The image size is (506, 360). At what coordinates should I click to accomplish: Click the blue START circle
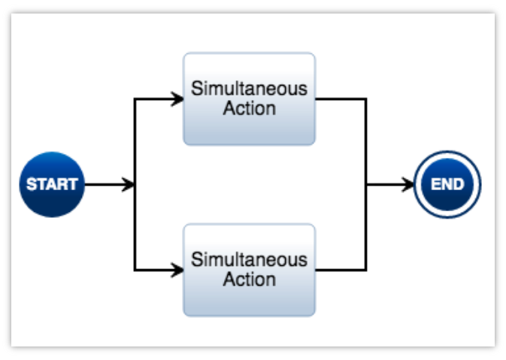(52, 184)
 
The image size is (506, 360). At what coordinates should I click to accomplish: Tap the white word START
(52, 185)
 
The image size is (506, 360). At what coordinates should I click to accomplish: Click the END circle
(447, 184)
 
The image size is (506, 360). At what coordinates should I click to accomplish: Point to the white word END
(447, 185)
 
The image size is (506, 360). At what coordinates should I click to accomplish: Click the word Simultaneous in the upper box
(249, 89)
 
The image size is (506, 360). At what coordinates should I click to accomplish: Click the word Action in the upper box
(249, 108)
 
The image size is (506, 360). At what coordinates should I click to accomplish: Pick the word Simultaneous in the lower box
(249, 260)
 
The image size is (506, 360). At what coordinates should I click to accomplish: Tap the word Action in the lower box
(249, 280)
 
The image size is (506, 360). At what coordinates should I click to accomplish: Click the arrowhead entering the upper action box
(178, 98)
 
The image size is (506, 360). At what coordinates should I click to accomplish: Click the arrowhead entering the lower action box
(178, 270)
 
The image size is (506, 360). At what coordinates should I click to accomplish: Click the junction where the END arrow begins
(366, 184)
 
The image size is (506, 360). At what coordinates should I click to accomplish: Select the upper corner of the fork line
(135, 98)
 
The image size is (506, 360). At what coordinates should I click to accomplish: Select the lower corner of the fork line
(135, 270)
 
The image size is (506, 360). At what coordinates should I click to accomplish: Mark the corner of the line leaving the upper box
(366, 98)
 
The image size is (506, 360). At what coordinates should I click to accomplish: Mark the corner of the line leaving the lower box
(366, 270)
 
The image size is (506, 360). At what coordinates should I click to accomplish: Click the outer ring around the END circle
(447, 153)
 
